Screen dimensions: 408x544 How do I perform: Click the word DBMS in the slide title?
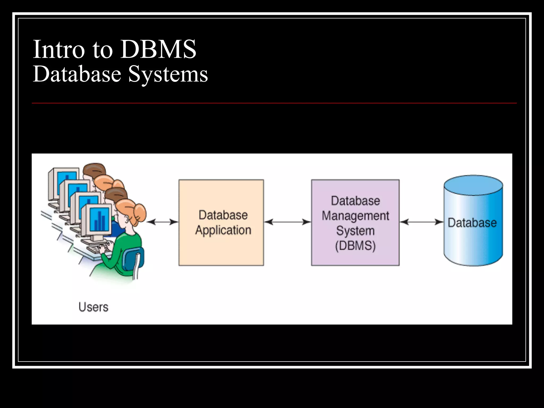tap(158, 49)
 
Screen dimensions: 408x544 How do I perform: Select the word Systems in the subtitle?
tap(168, 74)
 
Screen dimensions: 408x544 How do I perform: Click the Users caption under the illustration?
tap(93, 307)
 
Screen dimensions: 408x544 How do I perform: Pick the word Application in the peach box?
tap(223, 230)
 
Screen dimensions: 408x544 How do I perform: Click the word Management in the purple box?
tap(355, 216)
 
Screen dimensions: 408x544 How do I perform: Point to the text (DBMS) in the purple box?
tap(355, 246)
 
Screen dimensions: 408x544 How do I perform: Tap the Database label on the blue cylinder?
tap(472, 223)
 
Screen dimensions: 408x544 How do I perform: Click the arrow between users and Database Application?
tap(162, 222)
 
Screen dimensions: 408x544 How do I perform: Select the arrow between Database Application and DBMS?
tap(287, 222)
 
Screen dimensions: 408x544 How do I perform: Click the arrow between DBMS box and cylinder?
tap(422, 222)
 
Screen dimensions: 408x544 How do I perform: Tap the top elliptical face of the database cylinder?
tap(473, 185)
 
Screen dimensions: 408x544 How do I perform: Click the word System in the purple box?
tap(355, 231)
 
